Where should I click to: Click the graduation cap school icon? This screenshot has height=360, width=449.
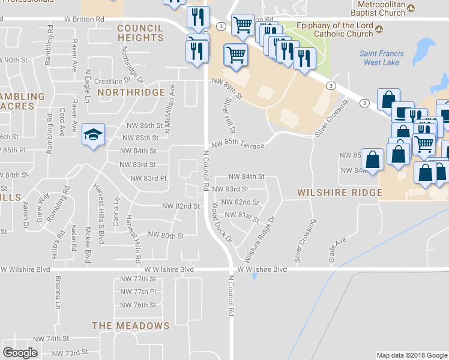(x=94, y=134)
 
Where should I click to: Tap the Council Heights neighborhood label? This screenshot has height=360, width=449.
(x=140, y=33)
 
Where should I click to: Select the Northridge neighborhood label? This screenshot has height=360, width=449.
(x=131, y=92)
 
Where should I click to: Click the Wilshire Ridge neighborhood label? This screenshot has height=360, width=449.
(x=340, y=193)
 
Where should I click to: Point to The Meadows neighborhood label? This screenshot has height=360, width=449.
(x=131, y=325)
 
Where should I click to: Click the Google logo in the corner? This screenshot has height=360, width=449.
(x=20, y=352)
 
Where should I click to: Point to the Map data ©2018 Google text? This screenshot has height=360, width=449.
(x=411, y=355)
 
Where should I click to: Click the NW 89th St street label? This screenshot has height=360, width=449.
(x=226, y=88)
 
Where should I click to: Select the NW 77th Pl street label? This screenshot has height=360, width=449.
(x=138, y=292)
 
